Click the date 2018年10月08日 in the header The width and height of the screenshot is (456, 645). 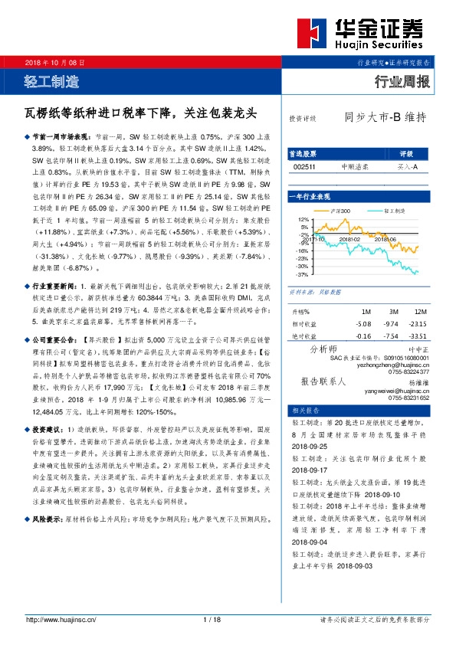[x=54, y=61]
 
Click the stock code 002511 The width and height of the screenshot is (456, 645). [x=305, y=166]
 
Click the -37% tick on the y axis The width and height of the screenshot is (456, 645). [x=303, y=273]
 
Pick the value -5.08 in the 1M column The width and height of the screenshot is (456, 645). [x=364, y=324]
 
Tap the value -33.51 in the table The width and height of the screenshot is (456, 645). [x=418, y=336]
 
